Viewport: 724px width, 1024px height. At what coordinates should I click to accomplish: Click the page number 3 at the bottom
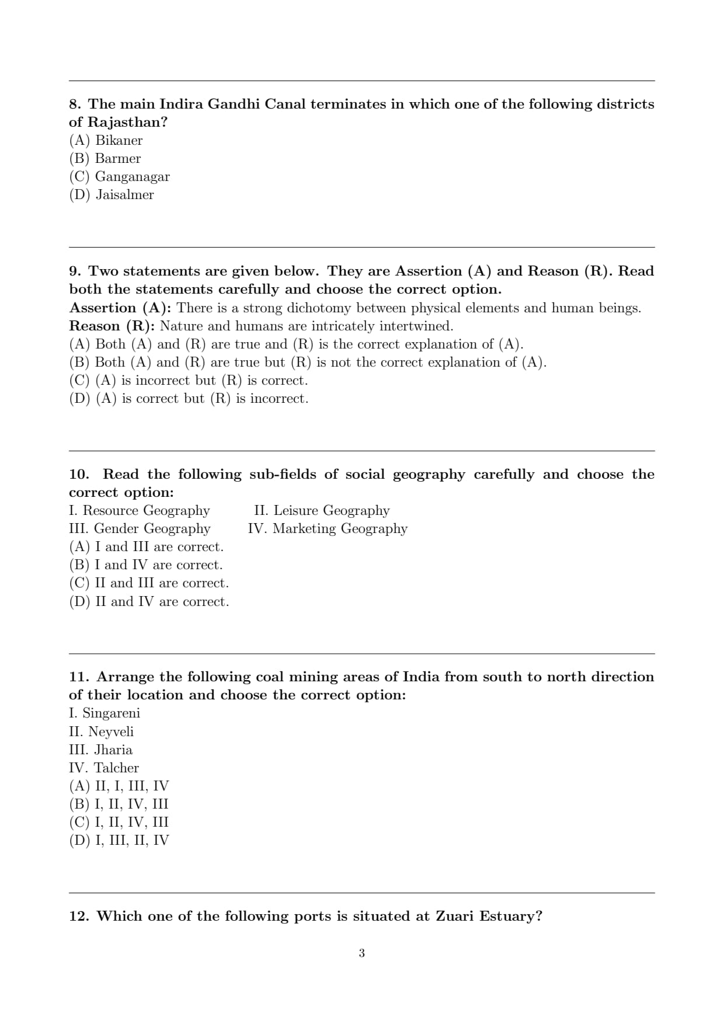click(x=361, y=953)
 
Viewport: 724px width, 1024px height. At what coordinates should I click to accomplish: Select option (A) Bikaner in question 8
click(x=106, y=140)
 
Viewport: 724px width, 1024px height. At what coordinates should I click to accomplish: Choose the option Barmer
click(x=105, y=158)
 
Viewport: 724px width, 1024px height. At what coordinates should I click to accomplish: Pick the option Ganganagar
click(x=119, y=176)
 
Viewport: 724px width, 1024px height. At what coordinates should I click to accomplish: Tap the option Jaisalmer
click(x=112, y=194)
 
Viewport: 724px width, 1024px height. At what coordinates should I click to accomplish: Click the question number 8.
click(x=75, y=104)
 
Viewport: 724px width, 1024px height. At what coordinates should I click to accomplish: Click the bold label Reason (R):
click(x=112, y=326)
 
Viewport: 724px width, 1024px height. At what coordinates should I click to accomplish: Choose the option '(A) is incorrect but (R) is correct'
click(x=188, y=381)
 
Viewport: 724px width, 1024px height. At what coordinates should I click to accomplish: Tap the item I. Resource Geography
click(x=139, y=510)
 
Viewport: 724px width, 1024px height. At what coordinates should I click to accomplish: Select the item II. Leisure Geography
click(x=322, y=510)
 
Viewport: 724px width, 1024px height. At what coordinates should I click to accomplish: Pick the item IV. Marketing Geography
click(x=328, y=528)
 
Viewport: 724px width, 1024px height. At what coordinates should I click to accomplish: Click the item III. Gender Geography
click(x=140, y=528)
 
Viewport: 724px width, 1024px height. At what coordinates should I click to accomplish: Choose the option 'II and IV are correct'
click(x=149, y=601)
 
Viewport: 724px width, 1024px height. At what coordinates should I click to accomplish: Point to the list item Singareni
click(x=105, y=713)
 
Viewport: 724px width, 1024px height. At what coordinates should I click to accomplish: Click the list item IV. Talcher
click(x=104, y=768)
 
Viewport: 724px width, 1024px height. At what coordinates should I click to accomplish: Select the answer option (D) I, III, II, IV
click(x=119, y=840)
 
